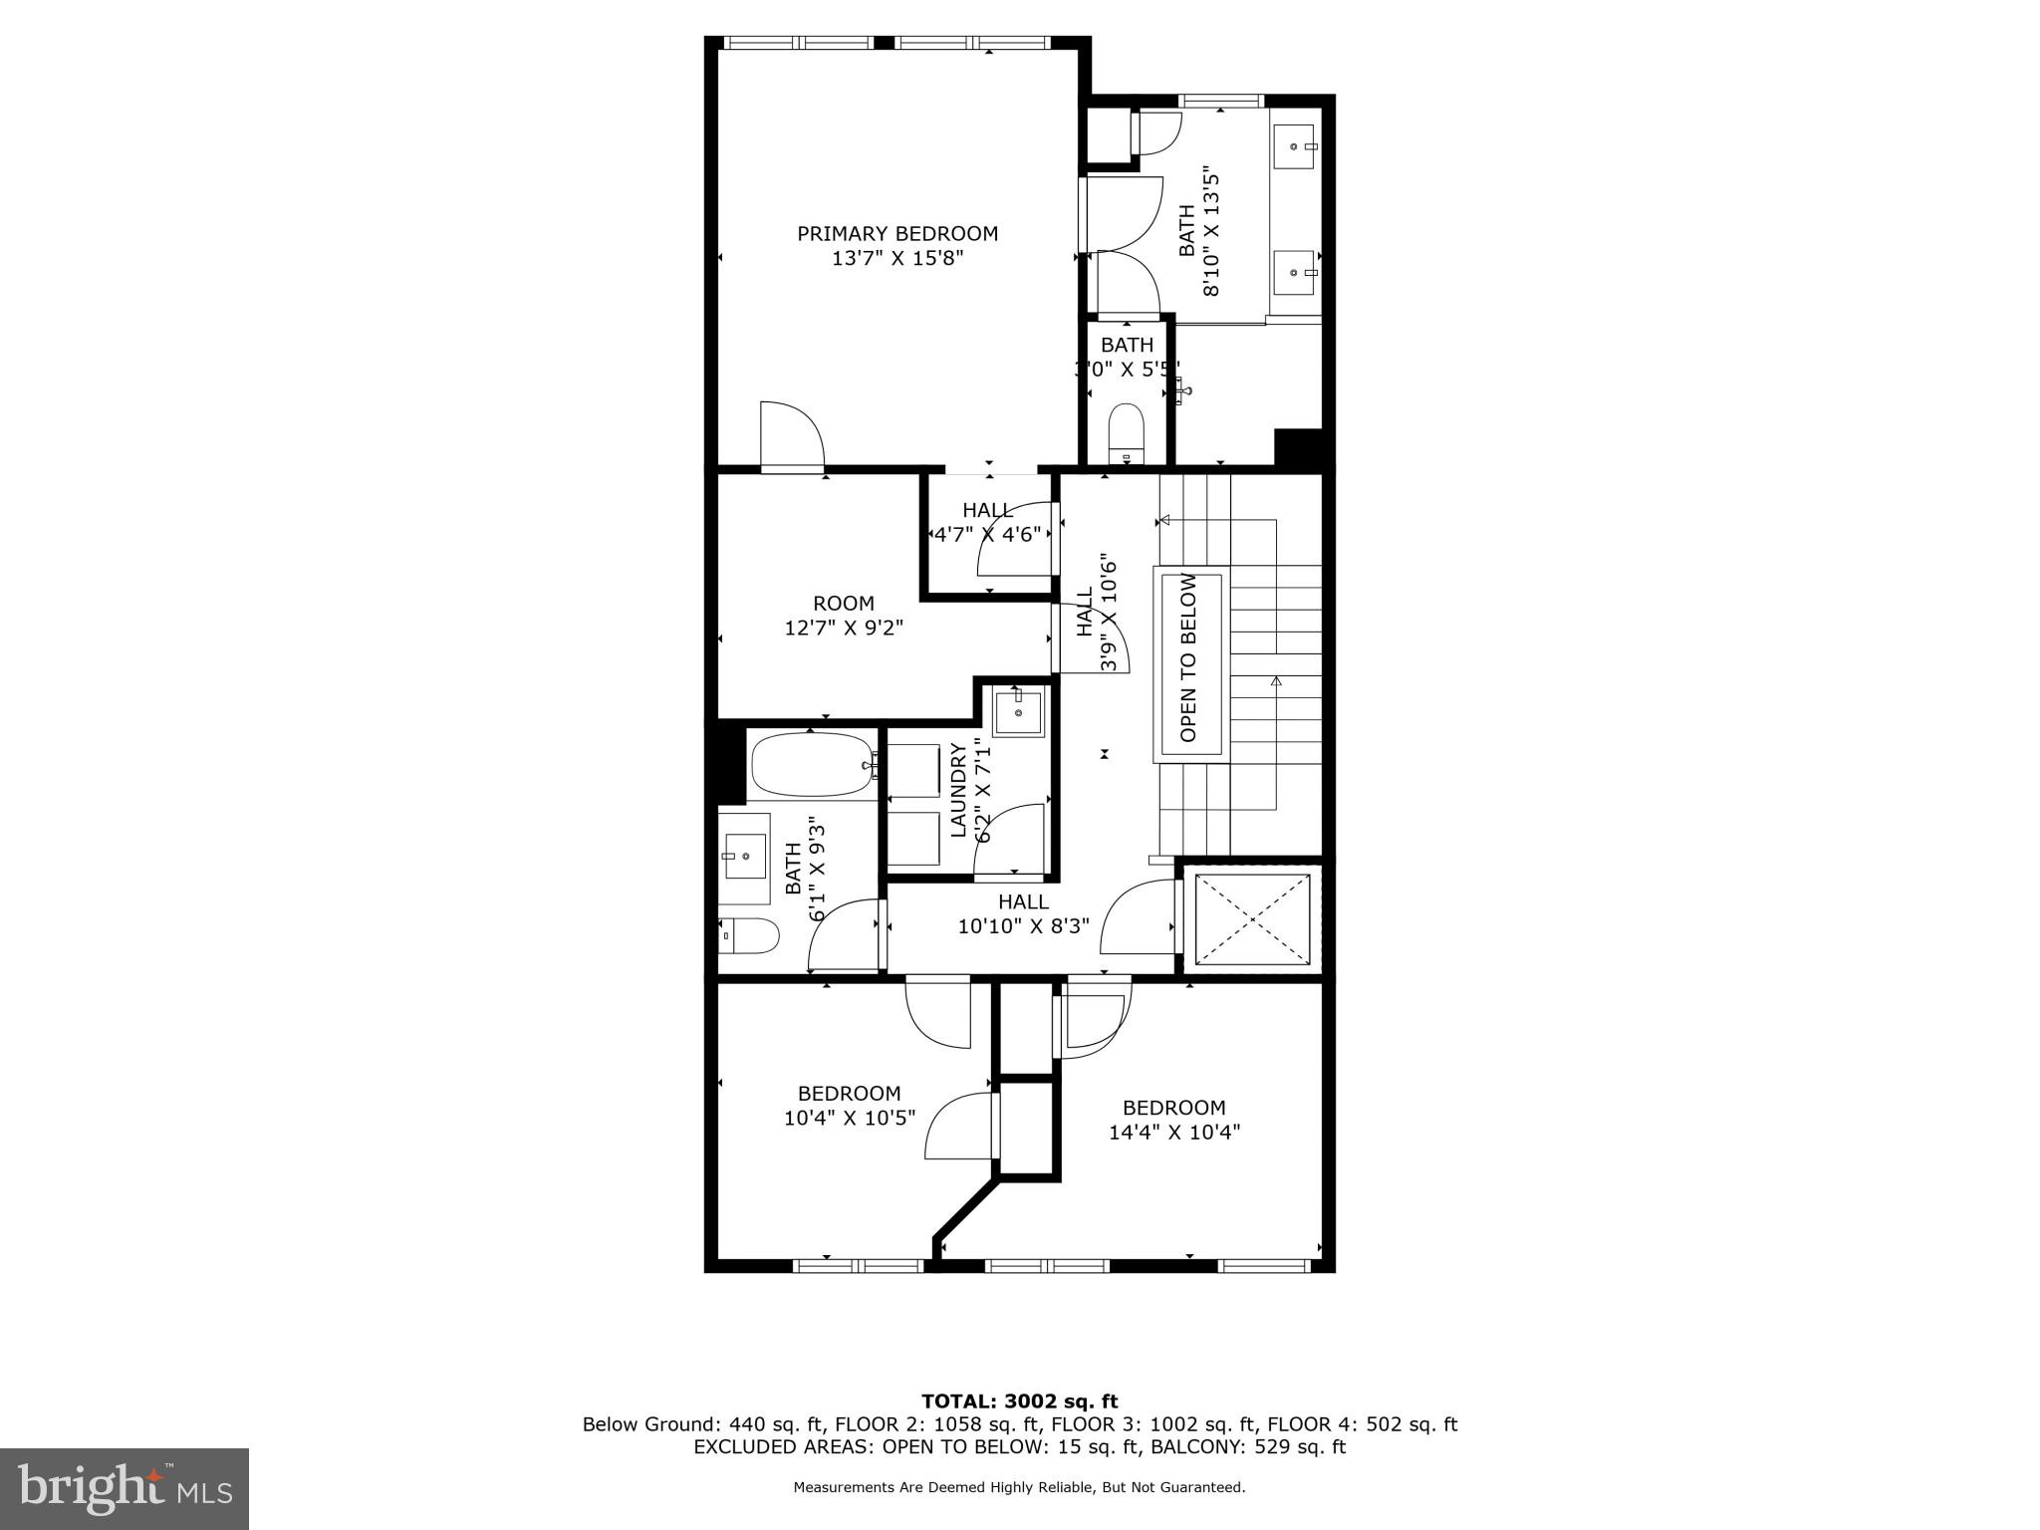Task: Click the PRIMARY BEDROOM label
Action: tap(896, 234)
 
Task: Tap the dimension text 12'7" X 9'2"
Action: tap(844, 628)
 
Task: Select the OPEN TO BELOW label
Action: tap(1188, 657)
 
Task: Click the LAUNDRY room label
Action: tap(958, 790)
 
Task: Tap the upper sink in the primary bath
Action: tap(1295, 146)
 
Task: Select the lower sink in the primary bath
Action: tap(1295, 272)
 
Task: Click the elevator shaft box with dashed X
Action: tap(1252, 919)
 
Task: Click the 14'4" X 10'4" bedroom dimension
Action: tap(1173, 1132)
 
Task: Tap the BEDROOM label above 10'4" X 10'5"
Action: tap(849, 1093)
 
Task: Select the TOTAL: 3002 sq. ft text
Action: tap(1019, 1402)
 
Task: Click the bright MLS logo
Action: tap(125, 1487)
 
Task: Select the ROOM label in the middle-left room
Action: tap(844, 603)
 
